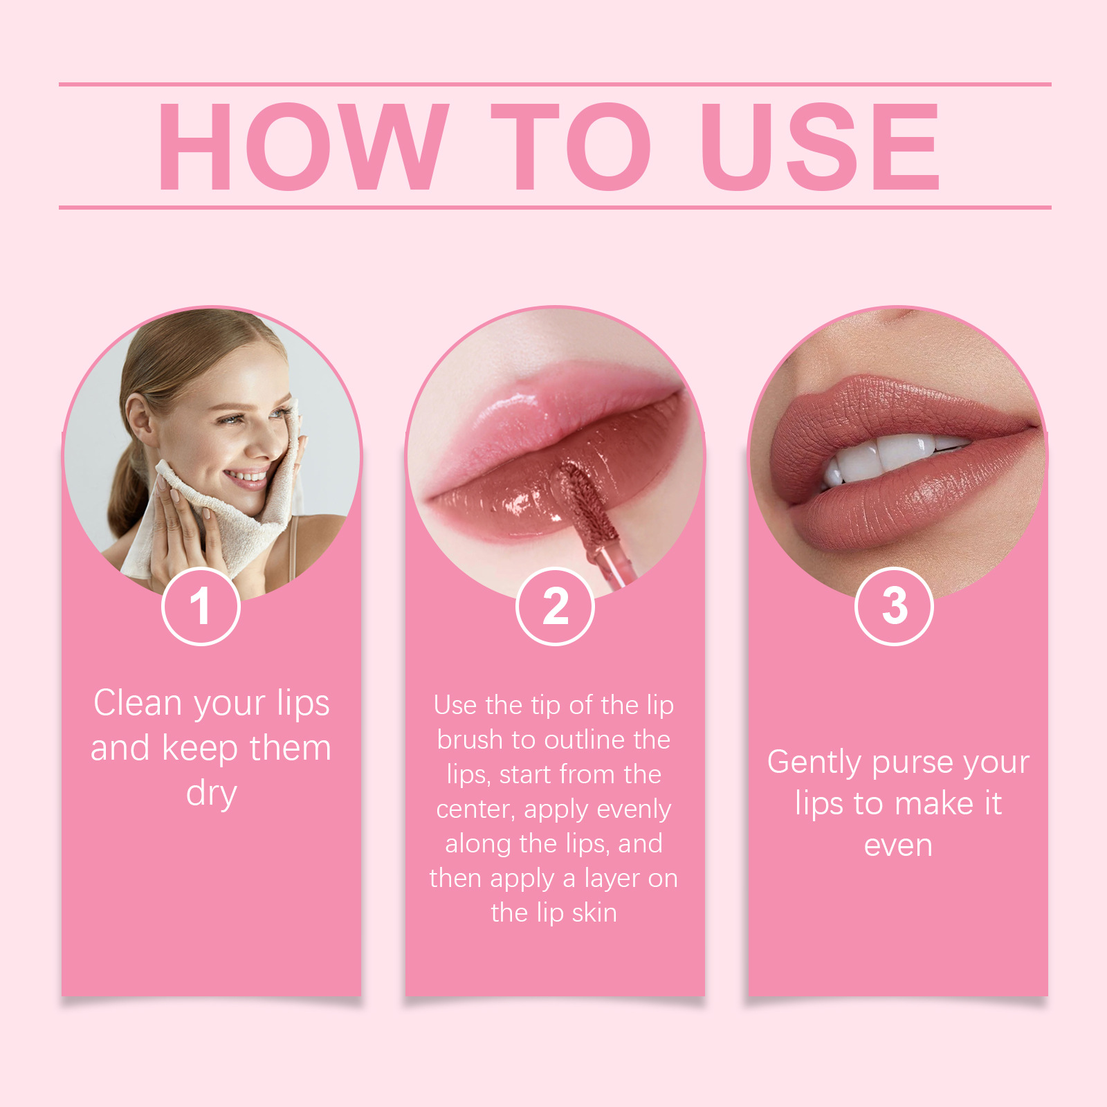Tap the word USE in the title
[x=820, y=146]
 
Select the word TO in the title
[x=571, y=146]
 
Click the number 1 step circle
[x=201, y=606]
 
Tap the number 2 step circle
[x=555, y=606]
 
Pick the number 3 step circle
[x=894, y=606]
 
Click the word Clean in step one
[x=138, y=703]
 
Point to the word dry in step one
[x=211, y=794]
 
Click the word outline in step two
[x=591, y=740]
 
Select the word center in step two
[x=475, y=809]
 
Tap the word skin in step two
[x=594, y=913]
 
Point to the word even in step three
[x=898, y=845]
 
